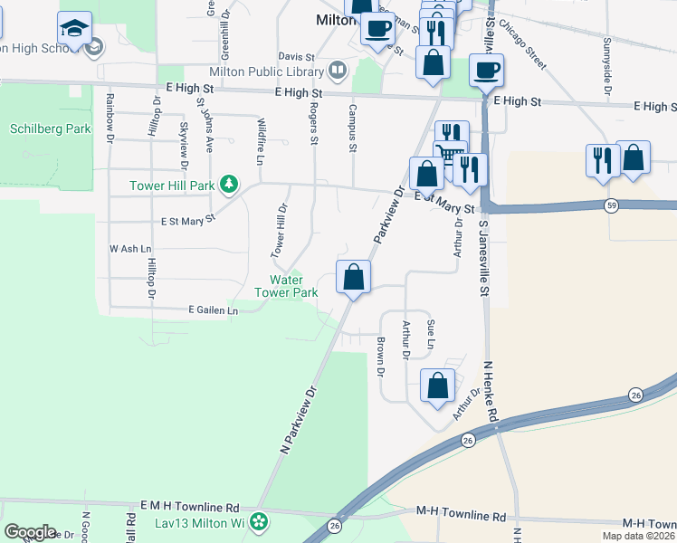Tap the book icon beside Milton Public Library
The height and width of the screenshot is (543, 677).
(x=338, y=69)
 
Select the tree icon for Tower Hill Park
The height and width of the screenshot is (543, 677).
(x=230, y=185)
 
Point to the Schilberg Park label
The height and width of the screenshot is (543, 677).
(x=51, y=129)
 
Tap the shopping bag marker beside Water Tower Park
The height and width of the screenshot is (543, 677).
(x=354, y=276)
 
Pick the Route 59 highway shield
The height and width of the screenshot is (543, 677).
(x=612, y=205)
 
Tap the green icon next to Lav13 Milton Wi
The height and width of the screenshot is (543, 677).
(x=260, y=520)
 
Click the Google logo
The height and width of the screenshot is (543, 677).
(x=30, y=532)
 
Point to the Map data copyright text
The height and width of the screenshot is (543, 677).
(x=639, y=536)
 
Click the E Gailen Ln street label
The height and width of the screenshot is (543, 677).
(x=213, y=310)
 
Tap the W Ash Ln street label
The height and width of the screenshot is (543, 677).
(x=130, y=248)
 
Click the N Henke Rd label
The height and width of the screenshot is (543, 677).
(x=491, y=391)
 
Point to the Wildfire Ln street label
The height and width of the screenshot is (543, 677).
(x=261, y=141)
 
